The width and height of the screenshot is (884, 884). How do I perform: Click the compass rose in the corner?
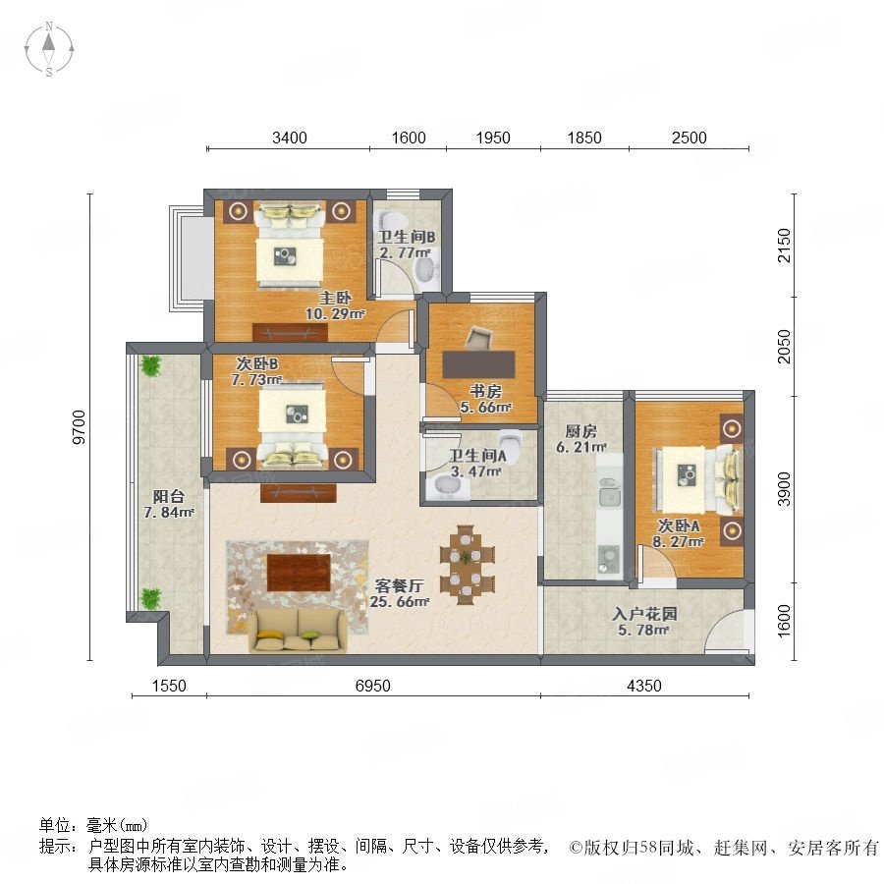coord(49,49)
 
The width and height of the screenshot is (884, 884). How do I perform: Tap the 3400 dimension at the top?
coord(289,138)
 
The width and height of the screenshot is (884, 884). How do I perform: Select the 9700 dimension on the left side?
coord(80,427)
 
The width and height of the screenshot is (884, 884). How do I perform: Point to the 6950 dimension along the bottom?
coord(372,686)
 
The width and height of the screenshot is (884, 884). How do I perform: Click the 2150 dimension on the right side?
coord(784,246)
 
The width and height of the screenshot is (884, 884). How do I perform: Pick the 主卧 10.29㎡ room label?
coord(335,305)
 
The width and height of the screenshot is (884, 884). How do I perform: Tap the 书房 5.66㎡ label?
coord(485,399)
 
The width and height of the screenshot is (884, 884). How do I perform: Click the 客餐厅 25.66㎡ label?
coord(399,593)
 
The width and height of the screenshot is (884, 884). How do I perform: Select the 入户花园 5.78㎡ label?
coord(644,622)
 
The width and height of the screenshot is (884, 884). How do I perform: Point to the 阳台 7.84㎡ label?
coord(169,504)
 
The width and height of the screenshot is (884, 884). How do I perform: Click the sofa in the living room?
coord(299,631)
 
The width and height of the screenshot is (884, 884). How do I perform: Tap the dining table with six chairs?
coord(467,565)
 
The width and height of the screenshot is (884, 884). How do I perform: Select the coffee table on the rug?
coord(299,573)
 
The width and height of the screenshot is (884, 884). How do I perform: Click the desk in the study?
coord(478,364)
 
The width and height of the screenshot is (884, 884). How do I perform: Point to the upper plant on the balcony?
coord(150,365)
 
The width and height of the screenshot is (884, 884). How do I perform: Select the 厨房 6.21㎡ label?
coord(581,439)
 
